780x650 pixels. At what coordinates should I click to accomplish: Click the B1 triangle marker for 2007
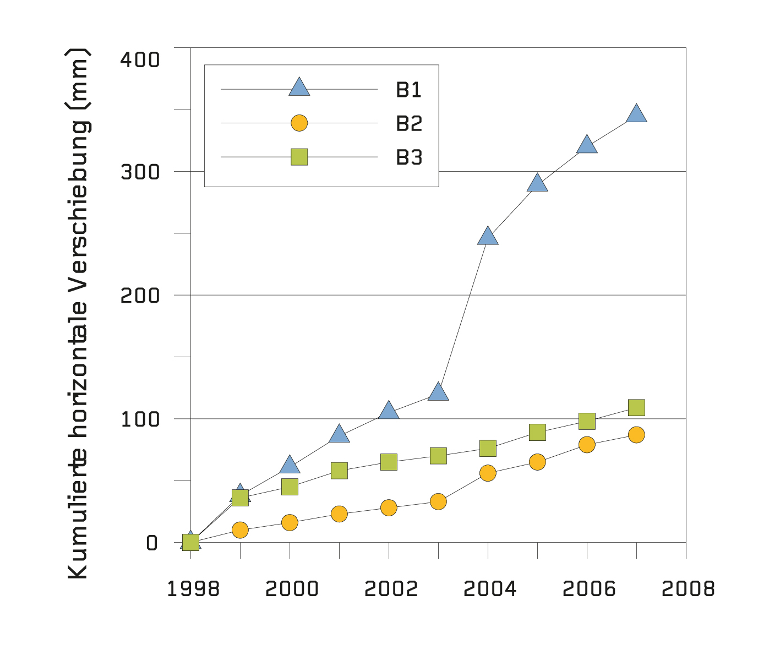[x=636, y=114]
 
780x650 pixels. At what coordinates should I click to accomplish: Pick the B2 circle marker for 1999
[x=240, y=530]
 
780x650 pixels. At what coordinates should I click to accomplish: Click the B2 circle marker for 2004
[x=488, y=473]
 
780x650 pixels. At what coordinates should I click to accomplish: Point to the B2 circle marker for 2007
[x=636, y=435]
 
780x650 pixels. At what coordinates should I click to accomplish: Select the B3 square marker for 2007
[x=636, y=407]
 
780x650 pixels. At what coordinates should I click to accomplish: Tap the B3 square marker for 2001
[x=339, y=471]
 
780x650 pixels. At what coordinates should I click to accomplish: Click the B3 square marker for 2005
[x=537, y=432]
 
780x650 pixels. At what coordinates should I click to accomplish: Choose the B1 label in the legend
[x=408, y=90]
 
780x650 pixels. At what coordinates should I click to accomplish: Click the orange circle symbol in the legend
[x=299, y=123]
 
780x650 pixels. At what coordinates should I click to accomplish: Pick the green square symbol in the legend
[x=299, y=157]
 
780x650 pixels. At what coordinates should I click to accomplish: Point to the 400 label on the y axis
[x=140, y=59]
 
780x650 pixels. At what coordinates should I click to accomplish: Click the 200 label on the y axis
[x=140, y=296]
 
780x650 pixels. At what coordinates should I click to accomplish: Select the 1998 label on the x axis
[x=193, y=589]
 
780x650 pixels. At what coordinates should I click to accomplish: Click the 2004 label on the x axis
[x=490, y=589]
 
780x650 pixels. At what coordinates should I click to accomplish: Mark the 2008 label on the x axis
[x=688, y=589]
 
